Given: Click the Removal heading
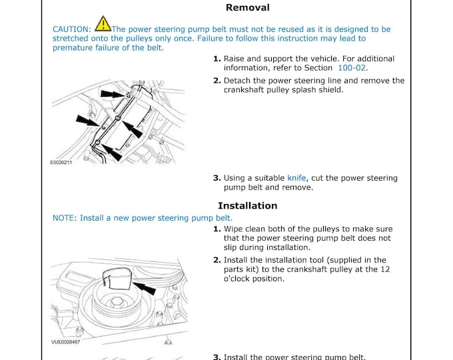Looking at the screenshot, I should [x=248, y=8].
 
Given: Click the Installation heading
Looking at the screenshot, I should [x=247, y=205].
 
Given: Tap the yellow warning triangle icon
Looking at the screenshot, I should [x=103, y=25].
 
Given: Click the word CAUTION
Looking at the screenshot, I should [x=72, y=29].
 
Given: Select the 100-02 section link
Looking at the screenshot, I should [x=352, y=68].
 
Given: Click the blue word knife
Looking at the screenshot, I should [x=297, y=178].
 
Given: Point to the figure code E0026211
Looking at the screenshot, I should [x=61, y=163].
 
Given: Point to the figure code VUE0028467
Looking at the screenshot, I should [x=65, y=341].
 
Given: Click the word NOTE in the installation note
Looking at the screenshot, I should [x=64, y=218].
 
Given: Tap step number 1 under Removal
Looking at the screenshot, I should [x=217, y=59].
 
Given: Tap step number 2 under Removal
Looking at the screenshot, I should [x=217, y=81].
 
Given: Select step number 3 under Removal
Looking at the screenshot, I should [x=217, y=178].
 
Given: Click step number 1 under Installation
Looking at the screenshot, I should [x=217, y=229].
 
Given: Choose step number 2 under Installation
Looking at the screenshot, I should [x=217, y=260].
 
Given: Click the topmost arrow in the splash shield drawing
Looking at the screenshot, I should [x=113, y=95].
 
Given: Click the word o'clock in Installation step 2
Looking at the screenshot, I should [x=240, y=279].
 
